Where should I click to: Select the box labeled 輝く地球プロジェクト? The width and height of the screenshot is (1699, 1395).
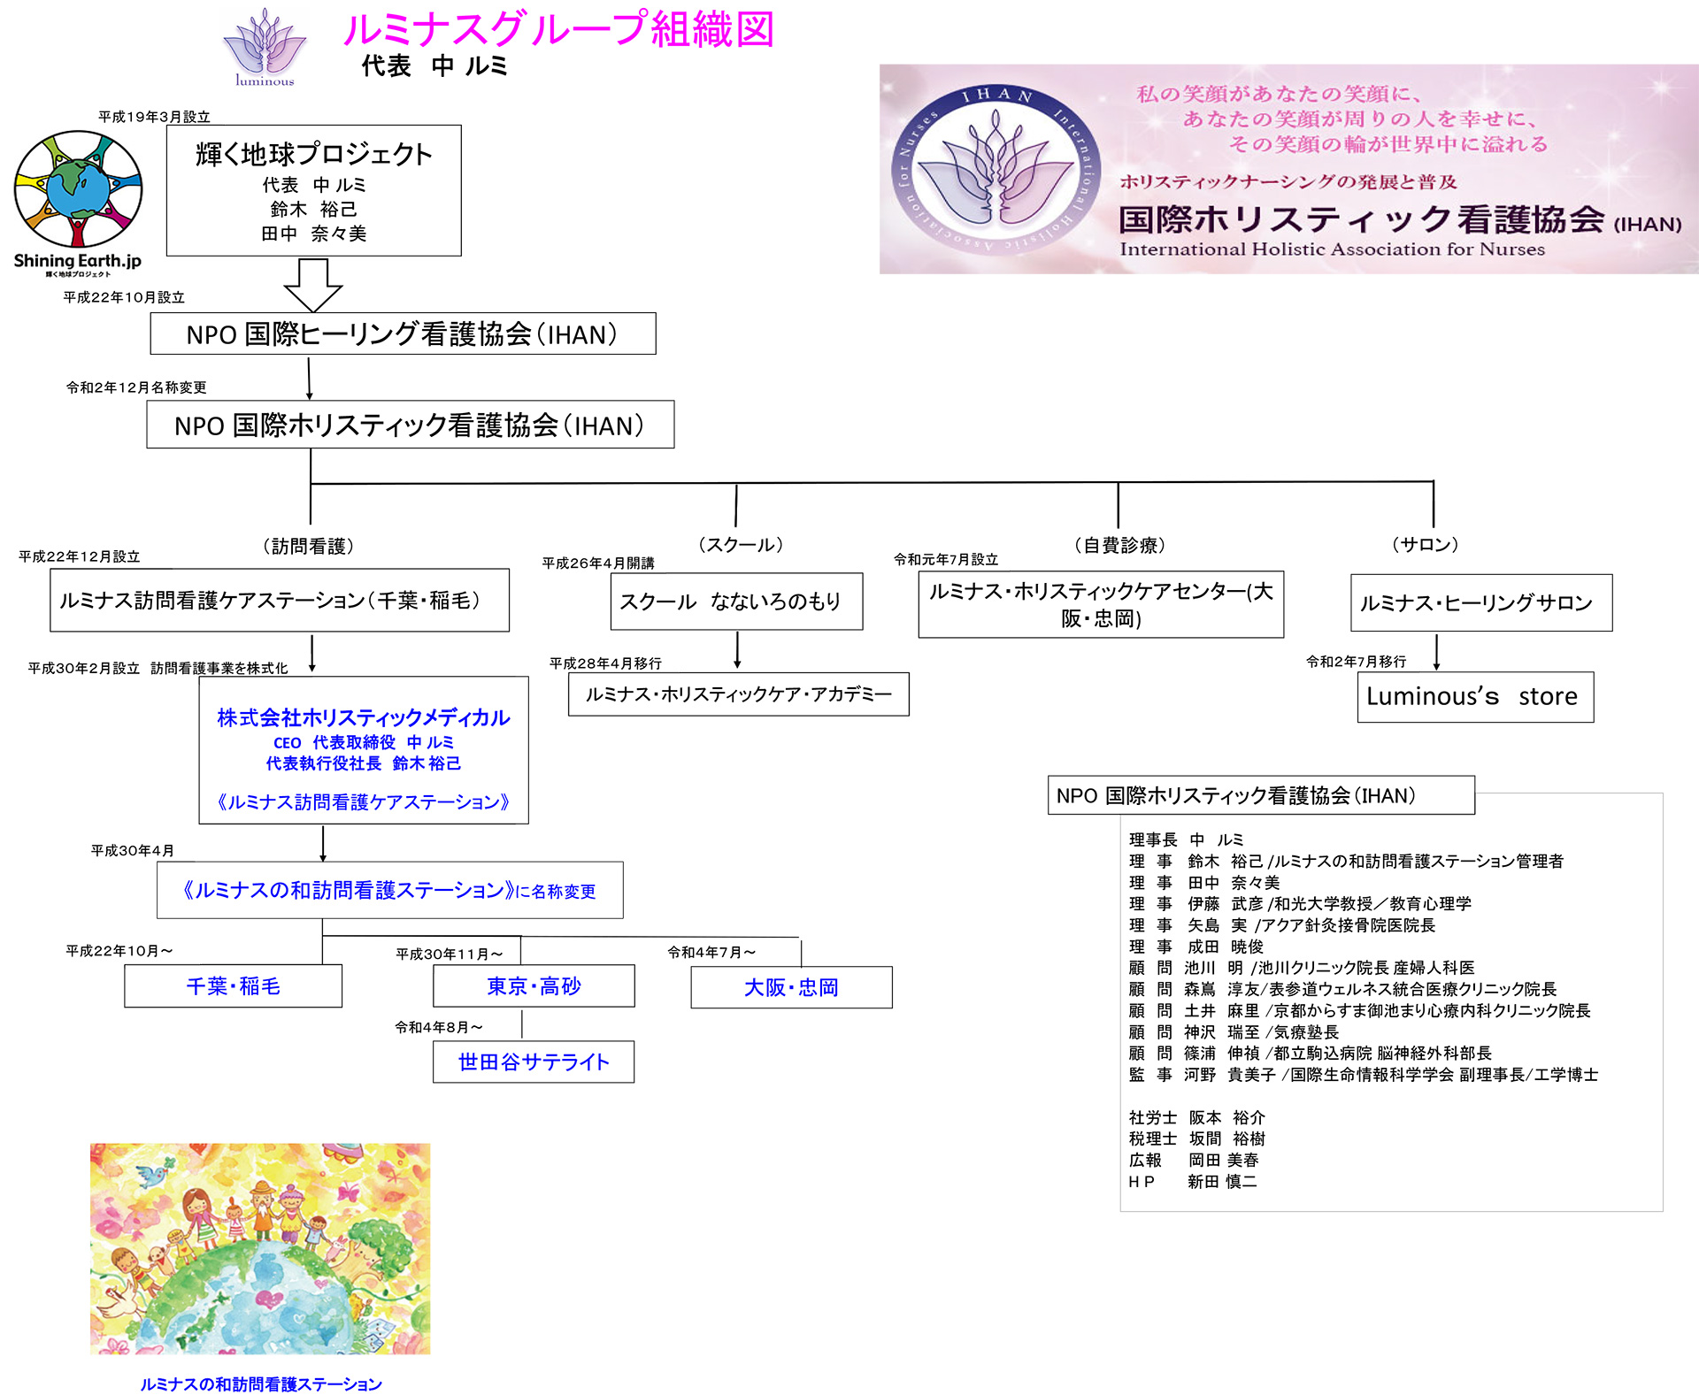pyautogui.click(x=313, y=190)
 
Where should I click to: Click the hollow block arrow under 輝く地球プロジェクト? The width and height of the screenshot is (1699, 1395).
pyautogui.click(x=312, y=284)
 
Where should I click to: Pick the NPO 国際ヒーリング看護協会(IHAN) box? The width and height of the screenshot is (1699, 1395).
pyautogui.click(x=403, y=333)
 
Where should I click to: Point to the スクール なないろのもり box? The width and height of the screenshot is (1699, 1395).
pyautogui.click(x=736, y=602)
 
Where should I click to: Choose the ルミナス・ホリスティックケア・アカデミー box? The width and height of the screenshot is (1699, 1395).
pyautogui.click(x=738, y=694)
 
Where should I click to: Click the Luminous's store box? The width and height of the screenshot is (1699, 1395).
pyautogui.click(x=1474, y=697)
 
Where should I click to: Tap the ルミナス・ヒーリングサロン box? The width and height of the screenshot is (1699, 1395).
pyautogui.click(x=1480, y=603)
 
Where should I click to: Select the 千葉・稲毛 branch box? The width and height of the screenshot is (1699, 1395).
pyautogui.click(x=233, y=986)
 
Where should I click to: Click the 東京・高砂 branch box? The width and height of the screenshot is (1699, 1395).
pyautogui.click(x=534, y=986)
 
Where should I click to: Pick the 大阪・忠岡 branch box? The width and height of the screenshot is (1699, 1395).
pyautogui.click(x=791, y=987)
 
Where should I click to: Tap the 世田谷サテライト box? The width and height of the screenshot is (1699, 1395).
pyautogui.click(x=534, y=1062)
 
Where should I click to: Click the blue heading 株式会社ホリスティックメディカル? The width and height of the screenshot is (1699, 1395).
pyautogui.click(x=364, y=717)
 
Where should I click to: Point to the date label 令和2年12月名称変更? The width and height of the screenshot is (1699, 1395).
pyautogui.click(x=136, y=387)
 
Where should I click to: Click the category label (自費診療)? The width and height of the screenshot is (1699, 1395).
pyautogui.click(x=1119, y=545)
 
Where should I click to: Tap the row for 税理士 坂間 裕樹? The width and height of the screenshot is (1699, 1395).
pyautogui.click(x=1196, y=1138)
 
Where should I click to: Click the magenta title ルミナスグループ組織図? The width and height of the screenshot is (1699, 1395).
pyautogui.click(x=558, y=29)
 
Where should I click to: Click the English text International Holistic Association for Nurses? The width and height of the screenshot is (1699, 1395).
pyautogui.click(x=1332, y=249)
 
